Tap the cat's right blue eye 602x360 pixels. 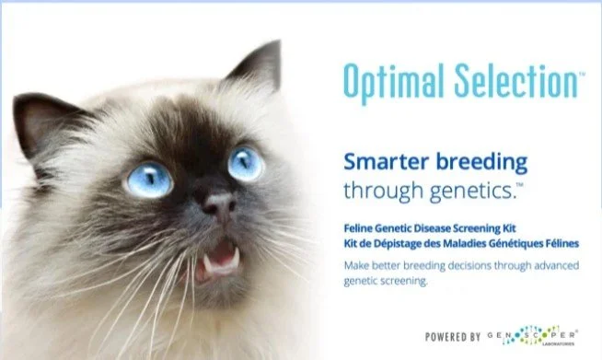(x=246, y=163)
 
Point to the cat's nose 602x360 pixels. (x=219, y=207)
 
